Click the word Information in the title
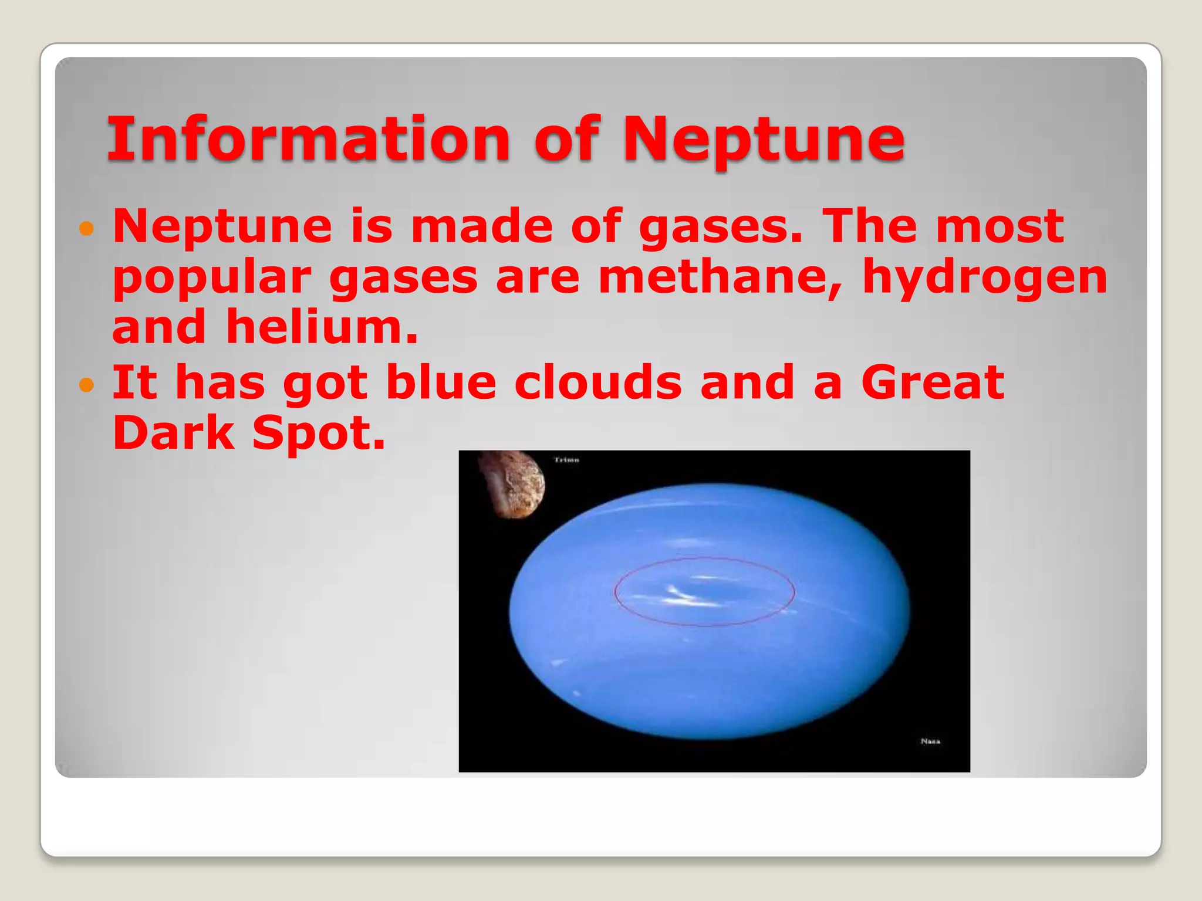tap(308, 139)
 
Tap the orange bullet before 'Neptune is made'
tap(86, 228)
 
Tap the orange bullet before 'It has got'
tap(86, 385)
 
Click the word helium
tap(322, 327)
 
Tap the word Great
tap(933, 382)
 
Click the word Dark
tap(174, 433)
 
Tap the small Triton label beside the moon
tap(566, 460)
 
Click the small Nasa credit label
tap(930, 741)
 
